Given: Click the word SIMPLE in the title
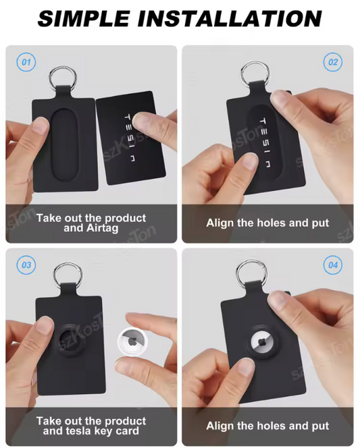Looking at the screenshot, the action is coord(84,19).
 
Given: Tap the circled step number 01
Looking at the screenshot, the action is coord(26,62).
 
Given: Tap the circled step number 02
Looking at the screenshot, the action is coord(333,62).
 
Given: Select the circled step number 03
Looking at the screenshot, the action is coord(26,265).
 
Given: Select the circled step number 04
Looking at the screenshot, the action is coord(333,265).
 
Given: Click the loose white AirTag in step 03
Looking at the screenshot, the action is coord(132,343).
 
